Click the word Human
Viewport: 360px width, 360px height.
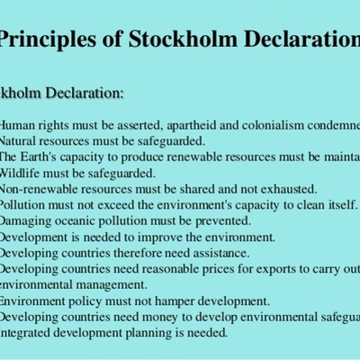click(x=19, y=126)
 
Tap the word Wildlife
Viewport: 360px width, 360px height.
click(x=23, y=173)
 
